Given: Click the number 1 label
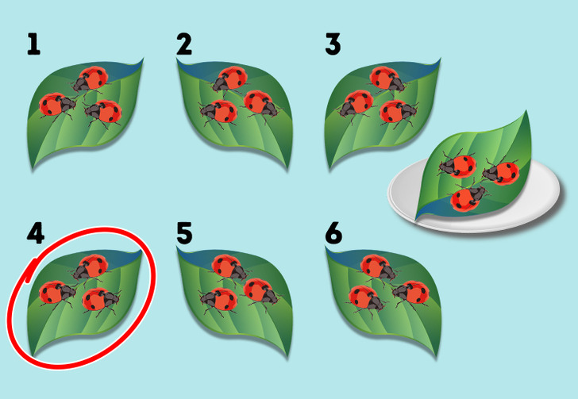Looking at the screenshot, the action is point(33,44).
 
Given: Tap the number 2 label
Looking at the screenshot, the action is point(184,44).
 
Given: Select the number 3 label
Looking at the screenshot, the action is point(333,44).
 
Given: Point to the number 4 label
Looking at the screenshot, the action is point(36,232).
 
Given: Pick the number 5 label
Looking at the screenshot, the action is point(184,232).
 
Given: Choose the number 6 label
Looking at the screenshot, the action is point(333,232).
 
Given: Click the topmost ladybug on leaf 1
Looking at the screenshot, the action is point(91,79).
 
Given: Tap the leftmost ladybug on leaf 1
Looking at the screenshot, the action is point(57,106).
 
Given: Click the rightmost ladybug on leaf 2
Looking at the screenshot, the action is point(260,104).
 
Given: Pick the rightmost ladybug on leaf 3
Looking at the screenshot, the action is point(398,112).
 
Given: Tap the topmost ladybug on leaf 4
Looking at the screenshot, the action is point(91,267).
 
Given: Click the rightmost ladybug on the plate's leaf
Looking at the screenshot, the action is point(501,171).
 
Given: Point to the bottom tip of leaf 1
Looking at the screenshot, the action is point(33,169).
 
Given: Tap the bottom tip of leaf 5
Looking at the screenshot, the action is point(288,358).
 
